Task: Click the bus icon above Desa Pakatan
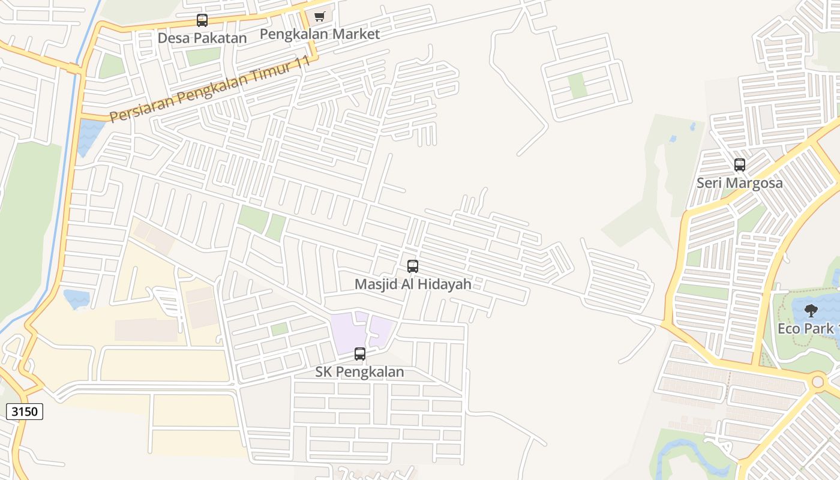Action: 202,20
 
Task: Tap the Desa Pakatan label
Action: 202,38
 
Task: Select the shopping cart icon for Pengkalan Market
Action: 319,17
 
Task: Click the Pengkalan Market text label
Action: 319,34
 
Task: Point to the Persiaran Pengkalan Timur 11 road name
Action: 211,89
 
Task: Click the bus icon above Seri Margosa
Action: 740,165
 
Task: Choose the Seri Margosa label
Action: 739,182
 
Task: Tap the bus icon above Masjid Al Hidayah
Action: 413,266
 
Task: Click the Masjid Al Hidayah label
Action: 413,284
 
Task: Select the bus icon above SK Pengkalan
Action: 360,354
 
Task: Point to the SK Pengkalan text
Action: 359,372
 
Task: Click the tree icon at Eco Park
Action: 811,311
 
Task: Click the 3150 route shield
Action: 25,412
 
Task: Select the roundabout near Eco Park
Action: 818,381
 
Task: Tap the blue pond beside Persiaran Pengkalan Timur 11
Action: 90,135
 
